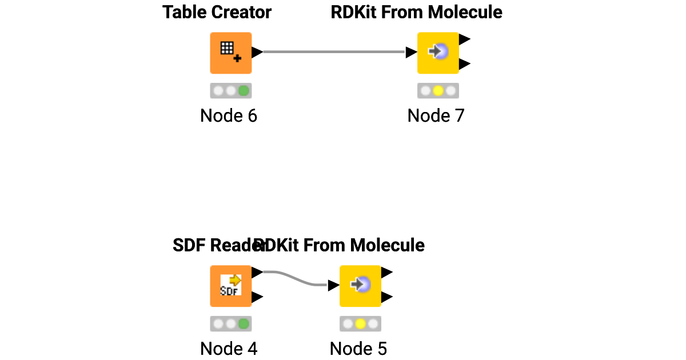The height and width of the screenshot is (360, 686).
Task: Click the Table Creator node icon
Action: (x=230, y=53)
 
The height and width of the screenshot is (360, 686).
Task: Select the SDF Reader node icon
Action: (x=230, y=286)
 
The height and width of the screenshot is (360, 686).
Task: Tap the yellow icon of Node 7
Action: (x=438, y=53)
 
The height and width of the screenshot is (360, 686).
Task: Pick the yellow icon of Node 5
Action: (x=360, y=286)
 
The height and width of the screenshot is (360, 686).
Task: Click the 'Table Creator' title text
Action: (x=217, y=12)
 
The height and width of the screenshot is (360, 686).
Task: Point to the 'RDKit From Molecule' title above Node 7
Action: (x=416, y=12)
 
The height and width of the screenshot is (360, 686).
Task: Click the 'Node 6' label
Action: (x=229, y=116)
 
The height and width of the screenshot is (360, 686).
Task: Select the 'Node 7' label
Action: (x=436, y=116)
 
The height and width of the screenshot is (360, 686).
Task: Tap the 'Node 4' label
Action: (x=229, y=349)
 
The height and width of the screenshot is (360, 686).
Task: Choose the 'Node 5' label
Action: (x=358, y=349)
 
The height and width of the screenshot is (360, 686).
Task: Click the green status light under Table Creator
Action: (x=244, y=91)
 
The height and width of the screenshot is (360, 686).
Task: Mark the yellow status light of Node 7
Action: (x=438, y=91)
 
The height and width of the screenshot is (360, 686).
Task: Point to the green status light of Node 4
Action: (x=244, y=324)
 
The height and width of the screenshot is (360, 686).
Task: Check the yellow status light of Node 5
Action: (x=360, y=324)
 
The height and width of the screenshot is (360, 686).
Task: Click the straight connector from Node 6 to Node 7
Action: (x=334, y=52)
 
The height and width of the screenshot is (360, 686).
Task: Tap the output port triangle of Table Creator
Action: (x=257, y=52)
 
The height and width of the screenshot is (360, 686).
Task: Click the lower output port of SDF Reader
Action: (x=257, y=297)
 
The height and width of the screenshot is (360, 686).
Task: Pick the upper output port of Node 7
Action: (x=464, y=39)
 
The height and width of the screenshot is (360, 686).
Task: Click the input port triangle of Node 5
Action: (x=333, y=285)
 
